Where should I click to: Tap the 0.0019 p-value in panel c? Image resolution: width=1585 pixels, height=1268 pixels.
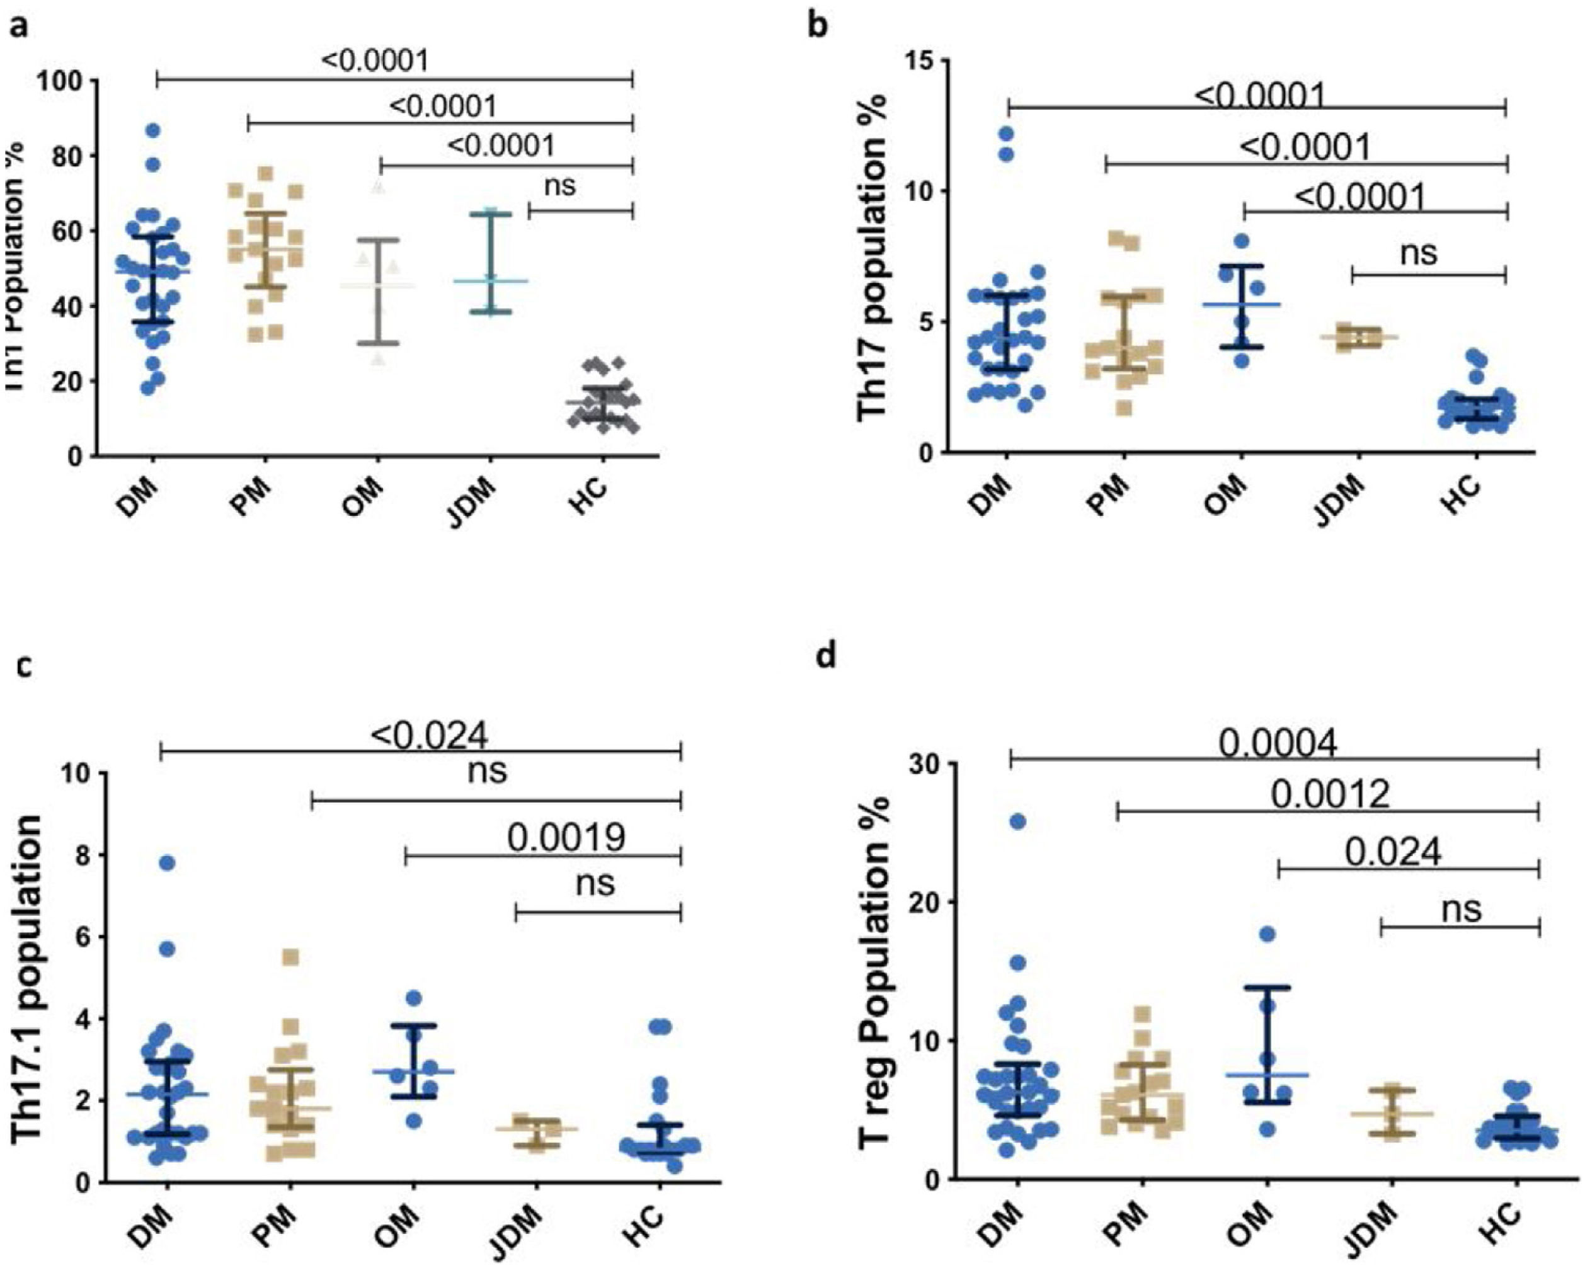[566, 837]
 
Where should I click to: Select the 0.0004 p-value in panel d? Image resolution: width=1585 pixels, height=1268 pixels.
[1278, 744]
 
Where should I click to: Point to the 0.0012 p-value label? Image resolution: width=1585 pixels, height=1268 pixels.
[1330, 794]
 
